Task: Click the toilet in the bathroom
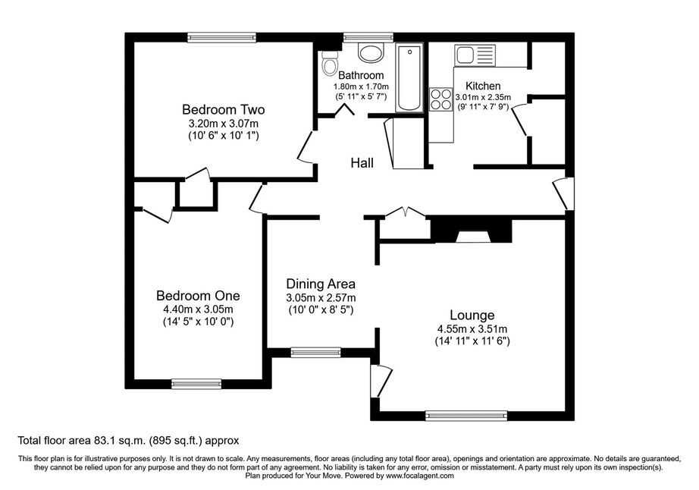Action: [330, 64]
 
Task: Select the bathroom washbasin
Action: [371, 53]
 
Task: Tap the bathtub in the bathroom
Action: [409, 77]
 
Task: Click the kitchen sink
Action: [475, 55]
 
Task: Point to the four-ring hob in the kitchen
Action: [441, 99]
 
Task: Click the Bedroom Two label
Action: [224, 109]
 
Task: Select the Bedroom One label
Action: [198, 296]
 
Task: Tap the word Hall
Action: [362, 163]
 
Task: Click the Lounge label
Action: [472, 316]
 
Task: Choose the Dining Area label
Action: [321, 284]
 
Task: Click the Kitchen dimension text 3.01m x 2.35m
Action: [483, 97]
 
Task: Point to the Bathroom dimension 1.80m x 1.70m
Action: [361, 86]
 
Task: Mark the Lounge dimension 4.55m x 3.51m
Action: [472, 329]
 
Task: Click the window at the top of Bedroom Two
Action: [221, 37]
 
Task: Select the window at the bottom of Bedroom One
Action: [196, 384]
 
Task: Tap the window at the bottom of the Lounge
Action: [466, 416]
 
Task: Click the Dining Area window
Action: [315, 352]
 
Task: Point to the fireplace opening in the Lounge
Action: [473, 237]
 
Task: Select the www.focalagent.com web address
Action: [420, 476]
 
